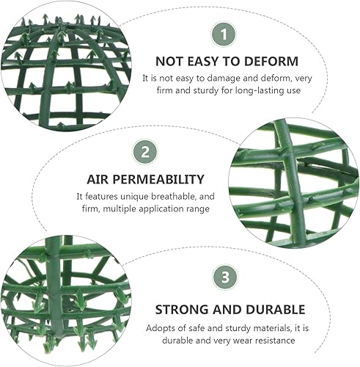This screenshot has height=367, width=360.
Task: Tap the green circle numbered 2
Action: point(146,153)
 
